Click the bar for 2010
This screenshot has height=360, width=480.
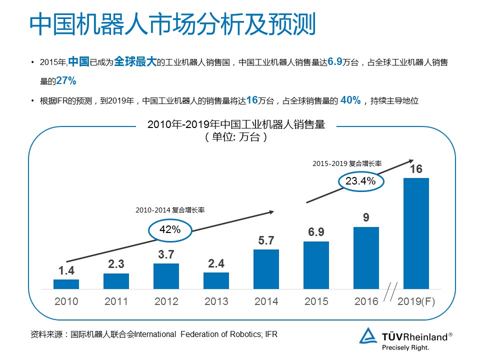click(66, 284)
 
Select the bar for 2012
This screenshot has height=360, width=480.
click(166, 276)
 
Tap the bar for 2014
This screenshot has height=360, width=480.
click(266, 269)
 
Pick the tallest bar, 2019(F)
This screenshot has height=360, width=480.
click(416, 233)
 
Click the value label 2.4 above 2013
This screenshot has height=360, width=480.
click(216, 263)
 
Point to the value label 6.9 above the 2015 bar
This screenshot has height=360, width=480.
click(316, 232)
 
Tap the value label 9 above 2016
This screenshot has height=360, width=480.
click(366, 217)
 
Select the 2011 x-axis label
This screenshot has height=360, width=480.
click(116, 301)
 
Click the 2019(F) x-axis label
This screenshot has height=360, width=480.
click(416, 301)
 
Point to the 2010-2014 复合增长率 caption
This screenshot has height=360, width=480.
click(170, 210)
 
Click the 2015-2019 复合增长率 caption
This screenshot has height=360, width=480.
click(347, 163)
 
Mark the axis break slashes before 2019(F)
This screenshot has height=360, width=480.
click(390, 291)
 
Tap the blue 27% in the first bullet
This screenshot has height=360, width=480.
click(66, 81)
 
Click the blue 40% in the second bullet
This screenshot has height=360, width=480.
click(350, 100)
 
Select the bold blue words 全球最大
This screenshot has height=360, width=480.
click(135, 61)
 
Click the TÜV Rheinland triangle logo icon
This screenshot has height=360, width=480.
click(368, 335)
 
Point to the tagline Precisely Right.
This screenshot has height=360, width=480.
click(405, 347)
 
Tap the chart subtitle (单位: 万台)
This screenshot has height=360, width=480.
click(236, 137)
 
